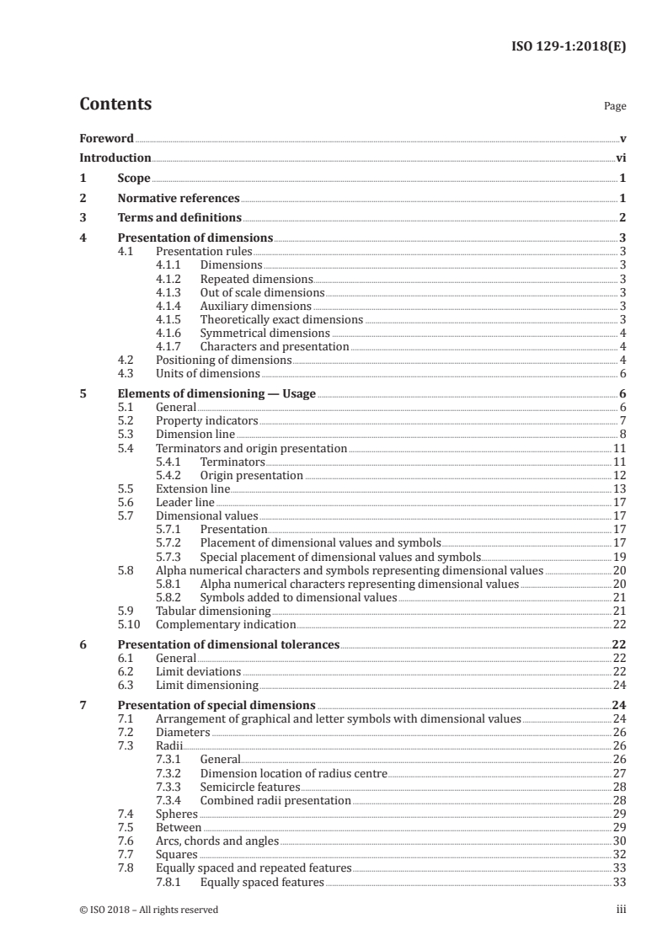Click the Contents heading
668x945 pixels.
tap(115, 104)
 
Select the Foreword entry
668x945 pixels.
tap(106, 138)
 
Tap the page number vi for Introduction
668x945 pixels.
tap(620, 157)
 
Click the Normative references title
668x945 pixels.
tap(179, 199)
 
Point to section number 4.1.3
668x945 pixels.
tap(171, 292)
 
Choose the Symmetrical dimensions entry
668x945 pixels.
tap(253, 333)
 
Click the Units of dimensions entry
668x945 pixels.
tap(208, 373)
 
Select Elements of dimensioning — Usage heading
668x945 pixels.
tap(216, 393)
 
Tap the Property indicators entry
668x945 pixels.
tap(207, 420)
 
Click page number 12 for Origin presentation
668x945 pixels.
tap(618, 475)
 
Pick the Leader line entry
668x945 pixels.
tap(179, 502)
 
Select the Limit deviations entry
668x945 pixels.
tap(198, 671)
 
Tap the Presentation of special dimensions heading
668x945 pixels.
tap(216, 705)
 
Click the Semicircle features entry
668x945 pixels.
tap(250, 786)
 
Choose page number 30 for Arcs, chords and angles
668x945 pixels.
tap(618, 840)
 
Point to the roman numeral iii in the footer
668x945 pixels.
tap(622, 909)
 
